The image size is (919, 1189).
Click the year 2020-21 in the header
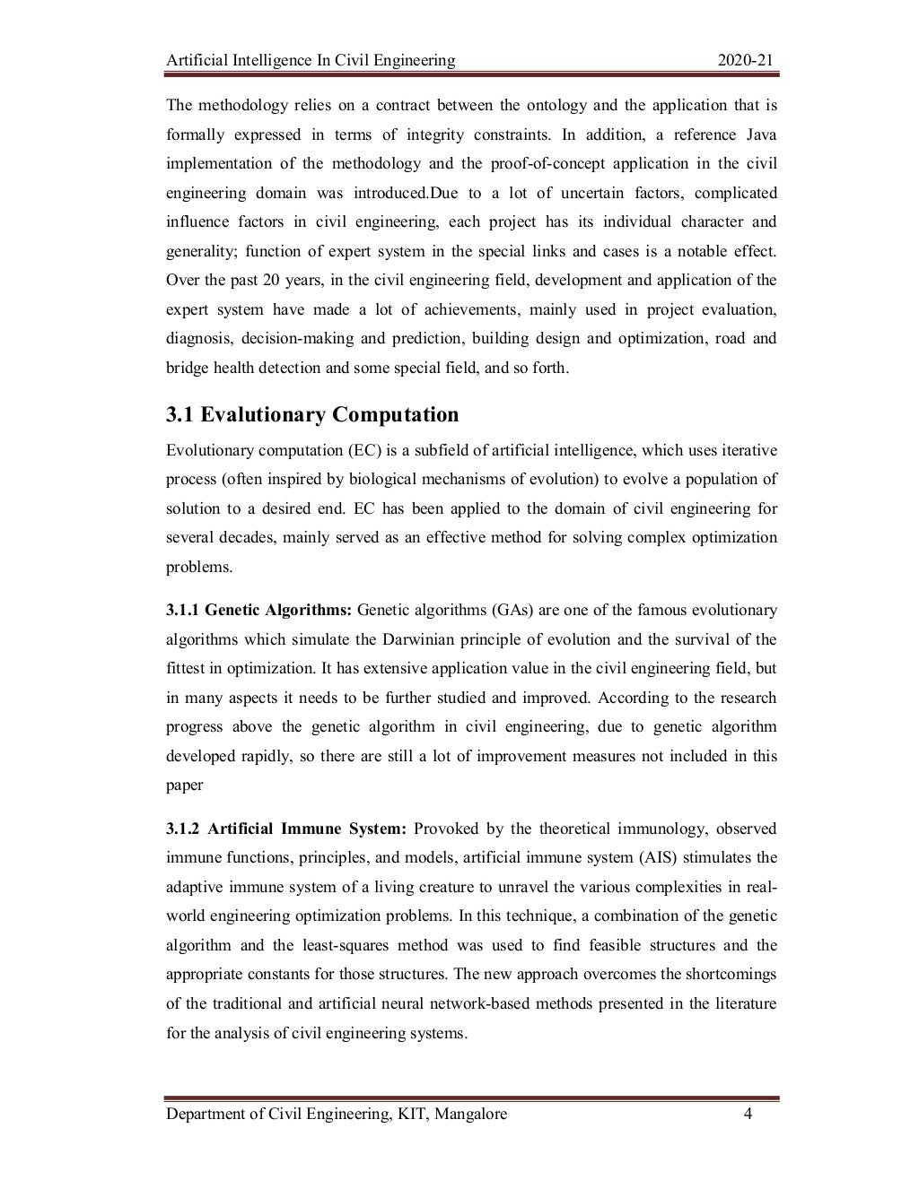(746, 61)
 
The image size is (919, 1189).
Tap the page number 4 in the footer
(747, 1114)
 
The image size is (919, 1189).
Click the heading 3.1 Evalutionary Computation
(312, 415)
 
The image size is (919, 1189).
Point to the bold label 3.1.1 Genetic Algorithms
(259, 611)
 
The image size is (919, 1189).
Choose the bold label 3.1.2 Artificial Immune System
(287, 828)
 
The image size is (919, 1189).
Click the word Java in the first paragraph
(761, 135)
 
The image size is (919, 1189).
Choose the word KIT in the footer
(407, 1114)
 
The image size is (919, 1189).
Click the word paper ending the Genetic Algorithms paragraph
(185, 785)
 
